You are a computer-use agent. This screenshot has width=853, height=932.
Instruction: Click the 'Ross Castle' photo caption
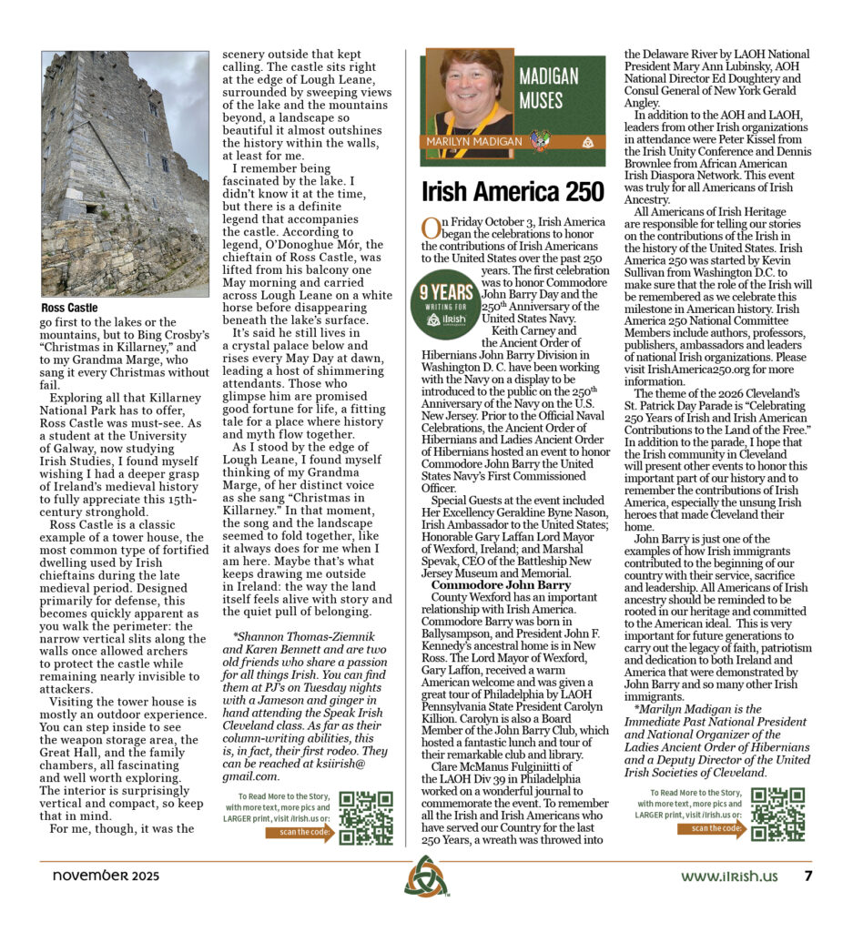[x=68, y=308]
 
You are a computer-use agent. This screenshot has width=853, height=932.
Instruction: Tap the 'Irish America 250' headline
[x=513, y=192]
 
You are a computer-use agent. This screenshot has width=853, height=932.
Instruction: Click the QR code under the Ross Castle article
[x=366, y=816]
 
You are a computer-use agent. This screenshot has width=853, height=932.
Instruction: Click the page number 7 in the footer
[x=807, y=876]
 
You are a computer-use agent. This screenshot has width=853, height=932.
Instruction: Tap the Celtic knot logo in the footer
[x=425, y=876]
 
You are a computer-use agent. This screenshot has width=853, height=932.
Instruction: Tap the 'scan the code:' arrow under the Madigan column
[x=712, y=828]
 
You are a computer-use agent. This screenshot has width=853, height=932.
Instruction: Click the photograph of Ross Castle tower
[x=125, y=173]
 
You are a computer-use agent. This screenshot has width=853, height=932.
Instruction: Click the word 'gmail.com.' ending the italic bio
[x=256, y=776]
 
